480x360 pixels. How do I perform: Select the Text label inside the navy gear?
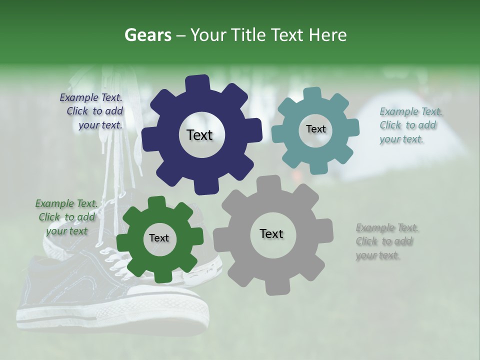tap(199, 135)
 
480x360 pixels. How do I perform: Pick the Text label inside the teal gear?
tap(315, 129)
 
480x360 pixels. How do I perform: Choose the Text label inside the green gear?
tap(159, 238)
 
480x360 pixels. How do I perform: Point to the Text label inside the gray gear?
tap(271, 234)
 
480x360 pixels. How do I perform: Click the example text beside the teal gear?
tap(410, 125)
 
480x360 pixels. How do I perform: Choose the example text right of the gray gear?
tap(386, 241)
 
